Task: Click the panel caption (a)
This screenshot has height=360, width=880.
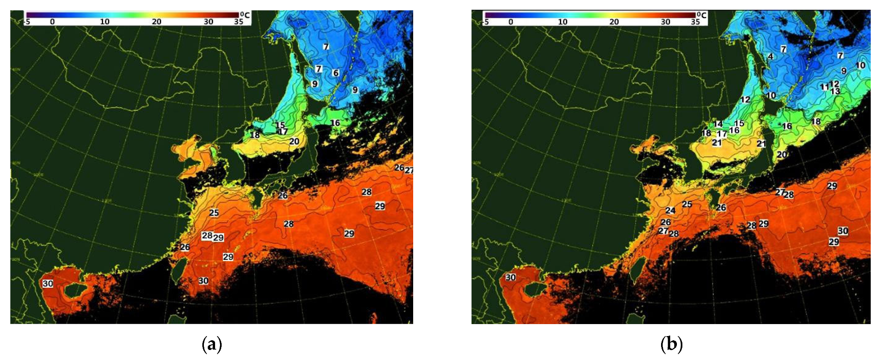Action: pos(212,344)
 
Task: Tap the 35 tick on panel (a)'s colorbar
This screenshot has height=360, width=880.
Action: pos(239,22)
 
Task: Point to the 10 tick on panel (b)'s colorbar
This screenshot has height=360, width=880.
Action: pos(563,22)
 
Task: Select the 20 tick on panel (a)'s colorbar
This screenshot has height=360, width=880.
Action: pos(156,22)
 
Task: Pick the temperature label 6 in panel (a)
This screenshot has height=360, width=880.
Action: pos(336,73)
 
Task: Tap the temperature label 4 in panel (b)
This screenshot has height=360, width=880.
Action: pos(770,56)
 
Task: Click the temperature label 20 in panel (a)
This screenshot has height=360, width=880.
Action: pos(294,141)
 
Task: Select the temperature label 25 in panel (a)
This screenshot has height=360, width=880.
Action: pos(214,212)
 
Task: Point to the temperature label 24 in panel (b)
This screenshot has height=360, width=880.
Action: pos(670,211)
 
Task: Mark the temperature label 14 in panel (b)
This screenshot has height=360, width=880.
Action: pos(718,124)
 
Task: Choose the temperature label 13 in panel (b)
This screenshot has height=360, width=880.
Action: pos(835,92)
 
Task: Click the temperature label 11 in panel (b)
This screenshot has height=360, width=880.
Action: pos(824,87)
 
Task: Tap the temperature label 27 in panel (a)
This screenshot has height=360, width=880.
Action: pos(409,170)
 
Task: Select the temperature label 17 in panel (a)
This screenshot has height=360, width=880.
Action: pos(283,132)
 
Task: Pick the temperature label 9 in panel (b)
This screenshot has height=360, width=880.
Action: pos(844,71)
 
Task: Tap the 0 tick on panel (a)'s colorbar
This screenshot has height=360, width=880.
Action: pos(52,22)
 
